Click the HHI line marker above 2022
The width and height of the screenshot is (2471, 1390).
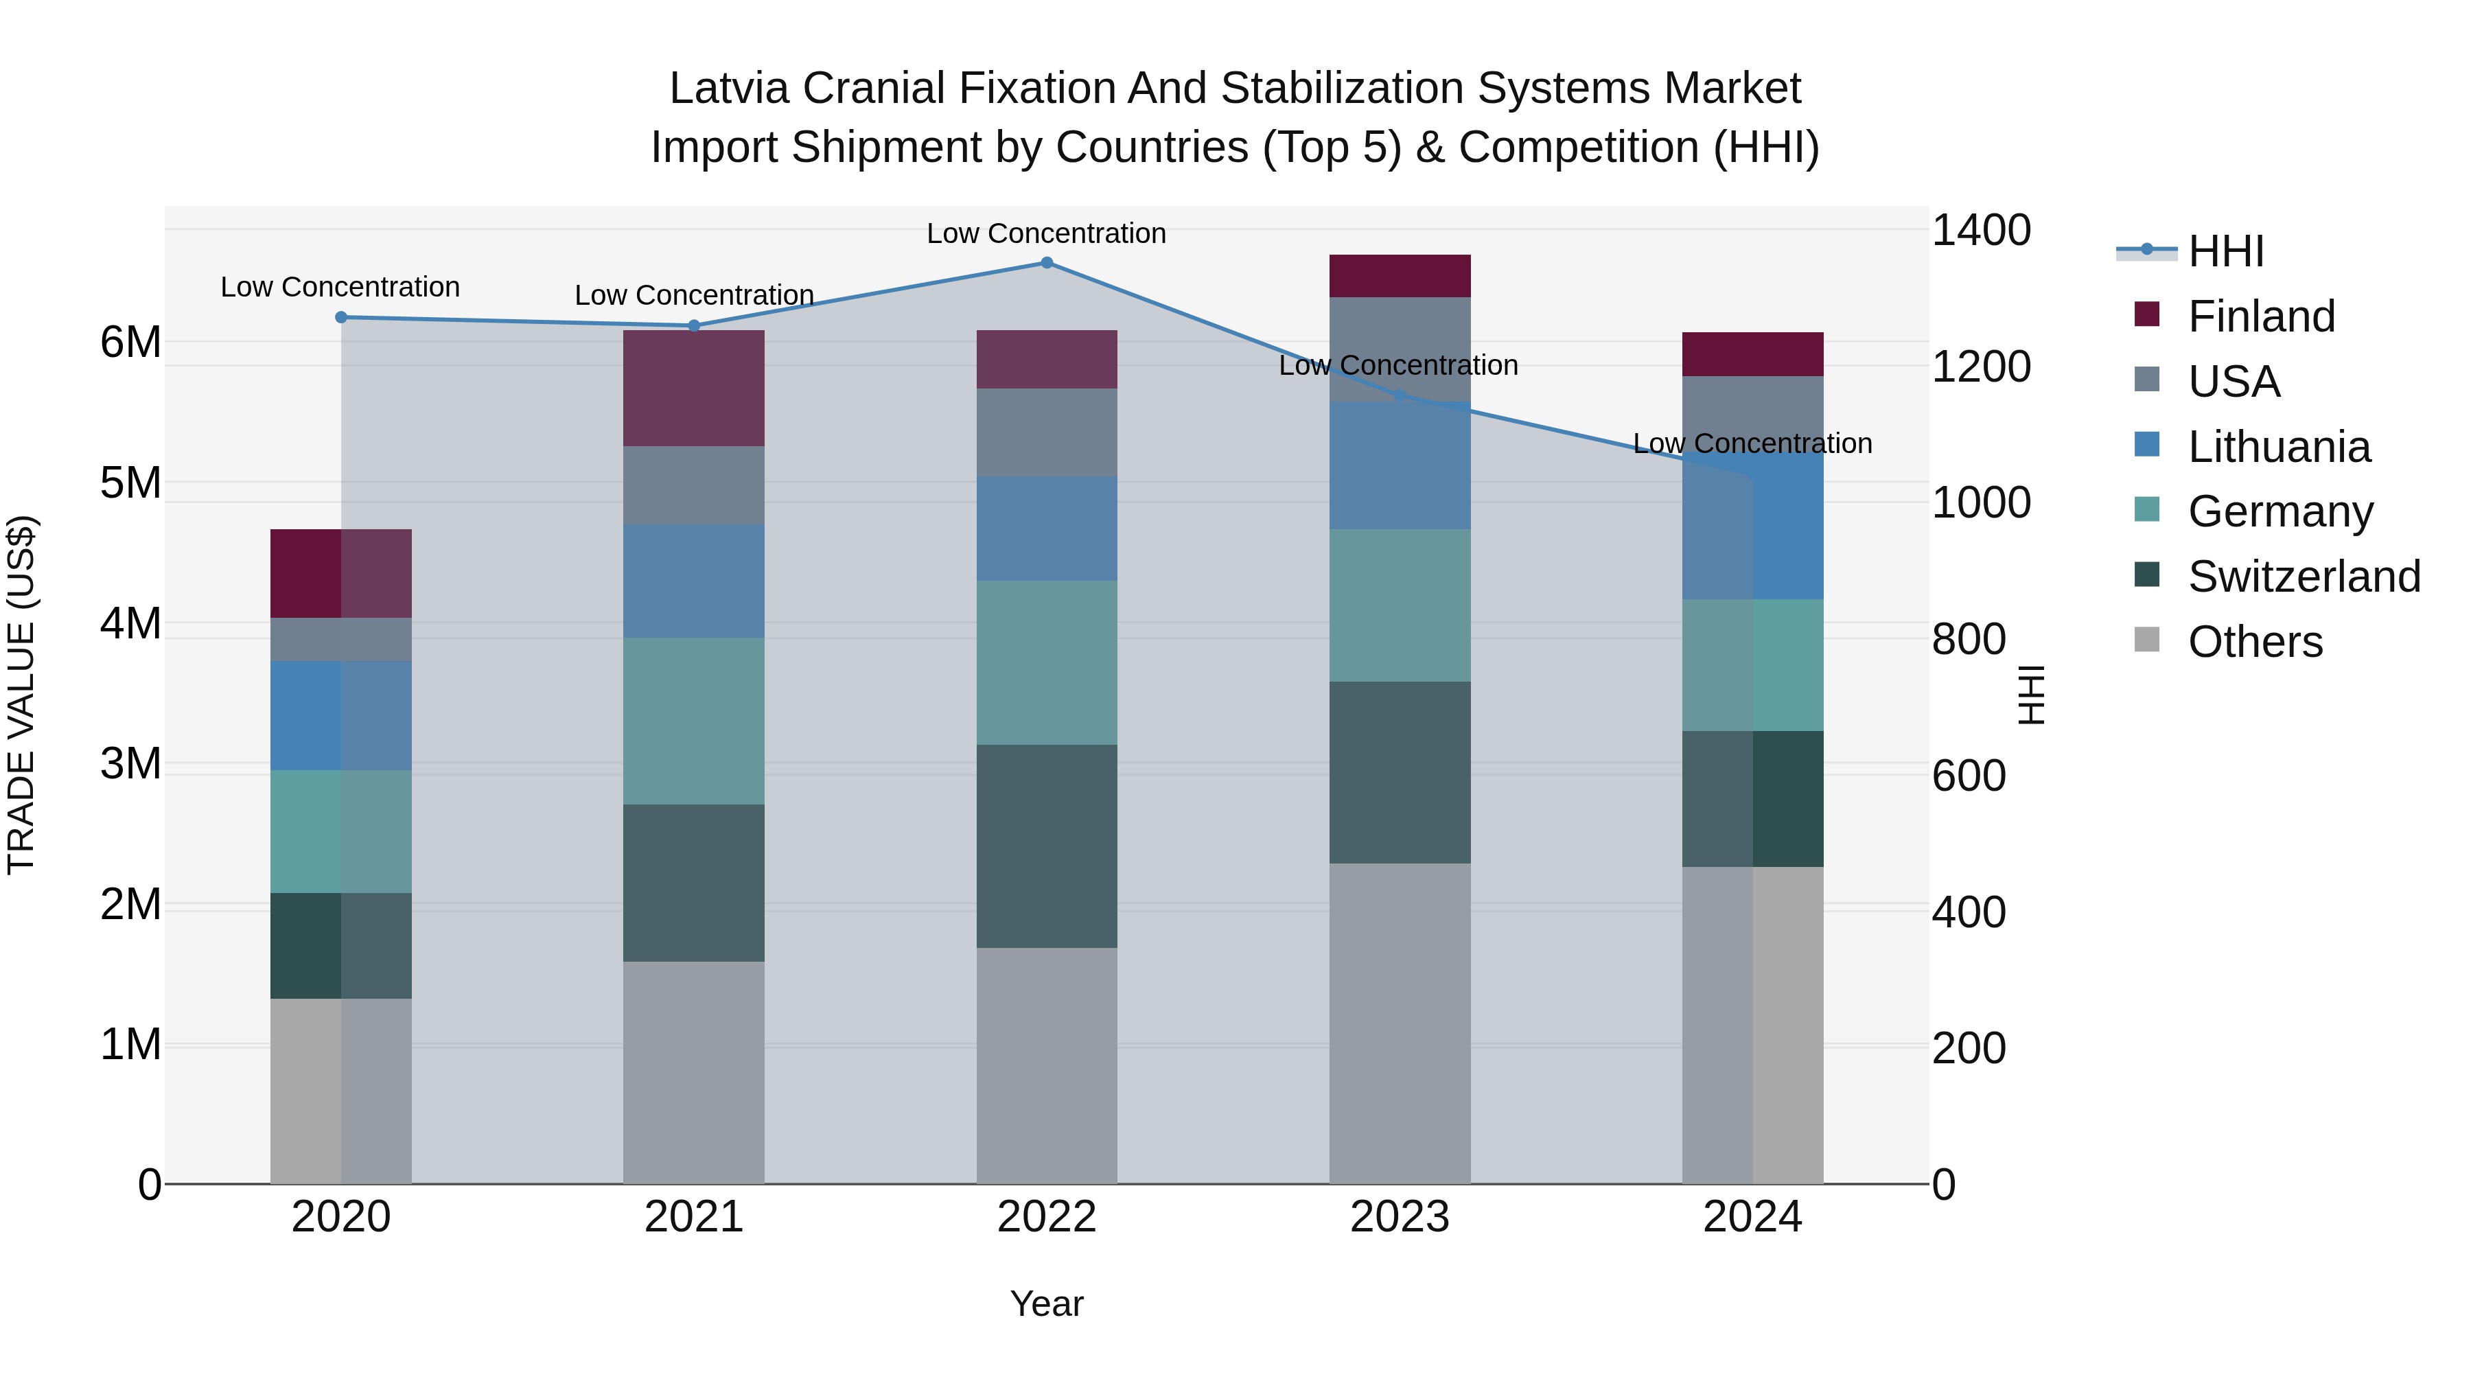click(1047, 263)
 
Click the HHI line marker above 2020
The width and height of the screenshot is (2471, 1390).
click(342, 318)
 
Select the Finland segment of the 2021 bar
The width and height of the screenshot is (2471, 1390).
click(693, 388)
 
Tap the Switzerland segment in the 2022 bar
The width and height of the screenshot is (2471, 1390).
click(1047, 846)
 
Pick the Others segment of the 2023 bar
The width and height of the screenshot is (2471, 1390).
click(1400, 1023)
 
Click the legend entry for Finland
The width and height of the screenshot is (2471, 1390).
click(2260, 316)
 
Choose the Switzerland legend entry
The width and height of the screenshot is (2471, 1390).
click(2302, 577)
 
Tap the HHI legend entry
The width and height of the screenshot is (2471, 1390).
click(2225, 251)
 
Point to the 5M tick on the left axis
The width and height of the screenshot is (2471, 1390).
click(130, 483)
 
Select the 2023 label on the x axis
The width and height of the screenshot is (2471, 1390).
click(1400, 1217)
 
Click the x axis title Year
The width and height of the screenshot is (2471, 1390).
click(1047, 1304)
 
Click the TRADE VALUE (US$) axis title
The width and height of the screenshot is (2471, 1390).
click(21, 695)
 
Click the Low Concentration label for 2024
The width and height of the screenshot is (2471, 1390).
click(1752, 443)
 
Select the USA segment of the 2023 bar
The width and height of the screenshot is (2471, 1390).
click(1400, 349)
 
